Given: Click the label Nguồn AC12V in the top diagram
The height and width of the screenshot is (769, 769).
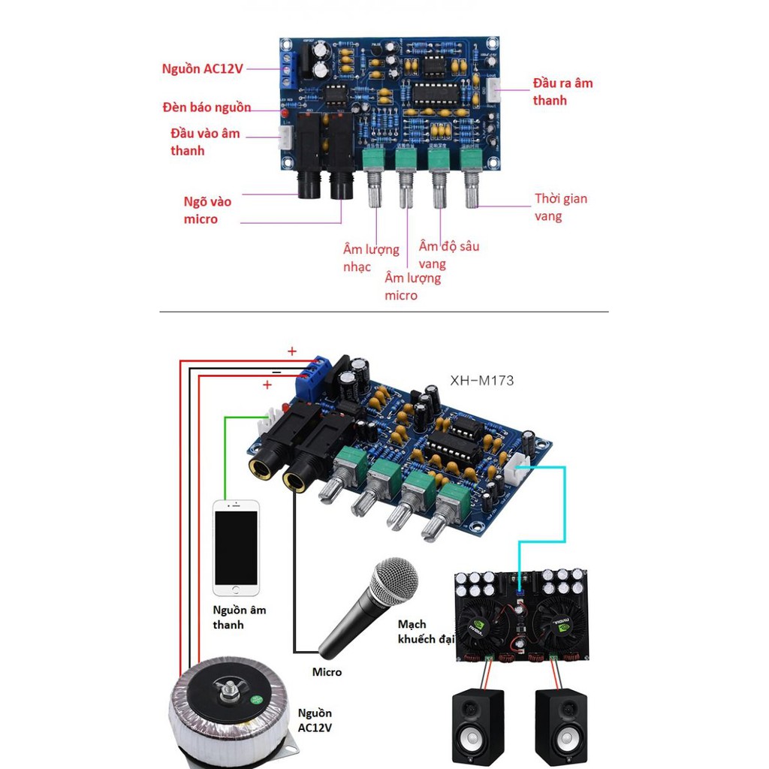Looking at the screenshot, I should [x=203, y=68].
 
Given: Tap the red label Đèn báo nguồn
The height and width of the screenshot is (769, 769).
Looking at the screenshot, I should [x=207, y=107].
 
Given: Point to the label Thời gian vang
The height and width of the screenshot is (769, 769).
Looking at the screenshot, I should [x=560, y=207].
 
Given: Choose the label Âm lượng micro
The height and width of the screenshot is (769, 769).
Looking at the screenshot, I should [x=412, y=287].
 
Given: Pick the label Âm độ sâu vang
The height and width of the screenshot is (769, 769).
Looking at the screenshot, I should [x=448, y=255].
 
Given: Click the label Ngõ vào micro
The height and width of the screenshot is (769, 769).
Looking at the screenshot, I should [x=207, y=210].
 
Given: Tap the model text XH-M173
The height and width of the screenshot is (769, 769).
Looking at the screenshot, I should [x=481, y=381].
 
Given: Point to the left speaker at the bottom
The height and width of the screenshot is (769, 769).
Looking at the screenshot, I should [x=478, y=725].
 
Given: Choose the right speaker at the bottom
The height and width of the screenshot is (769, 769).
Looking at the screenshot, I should [x=561, y=725].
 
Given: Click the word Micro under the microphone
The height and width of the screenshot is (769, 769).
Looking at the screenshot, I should [x=327, y=672].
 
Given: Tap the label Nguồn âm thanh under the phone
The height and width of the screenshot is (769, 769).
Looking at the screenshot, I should [x=239, y=617].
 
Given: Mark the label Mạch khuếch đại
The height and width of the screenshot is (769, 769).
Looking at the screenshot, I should [x=425, y=632].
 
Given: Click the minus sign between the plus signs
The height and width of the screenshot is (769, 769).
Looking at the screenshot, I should [x=276, y=372].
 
